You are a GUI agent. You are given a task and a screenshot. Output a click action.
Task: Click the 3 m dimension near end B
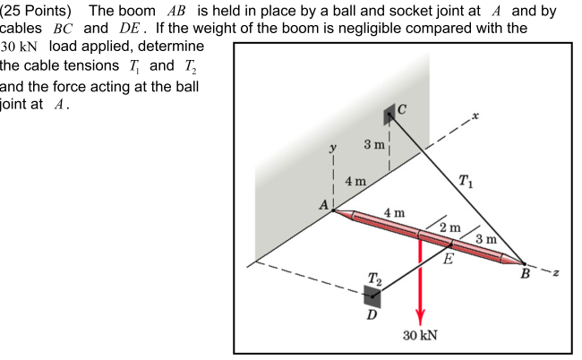point(489,239)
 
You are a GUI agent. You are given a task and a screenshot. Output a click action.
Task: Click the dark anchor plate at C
point(389,115)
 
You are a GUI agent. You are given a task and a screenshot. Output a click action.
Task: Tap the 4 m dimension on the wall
point(355,181)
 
